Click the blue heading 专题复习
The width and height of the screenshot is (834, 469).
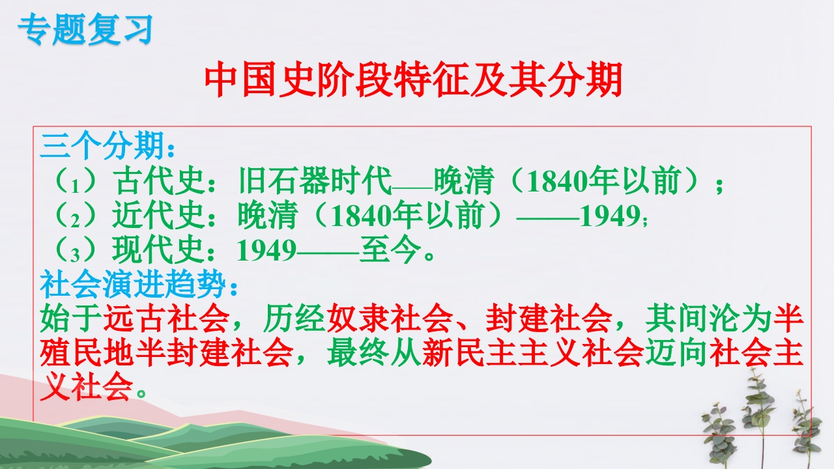[x=85, y=29]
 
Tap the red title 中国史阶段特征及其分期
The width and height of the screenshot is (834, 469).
[x=413, y=79]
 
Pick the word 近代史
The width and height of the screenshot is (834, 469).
[x=159, y=215]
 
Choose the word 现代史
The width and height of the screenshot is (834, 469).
[x=159, y=249]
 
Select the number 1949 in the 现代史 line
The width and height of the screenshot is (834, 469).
[x=266, y=250]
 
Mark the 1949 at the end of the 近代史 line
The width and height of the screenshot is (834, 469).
[x=610, y=216]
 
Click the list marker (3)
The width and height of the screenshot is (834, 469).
[x=75, y=250]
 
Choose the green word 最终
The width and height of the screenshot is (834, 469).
[x=358, y=352]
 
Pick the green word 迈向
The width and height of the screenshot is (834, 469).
[x=676, y=352]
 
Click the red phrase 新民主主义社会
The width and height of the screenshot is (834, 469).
[x=533, y=352]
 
